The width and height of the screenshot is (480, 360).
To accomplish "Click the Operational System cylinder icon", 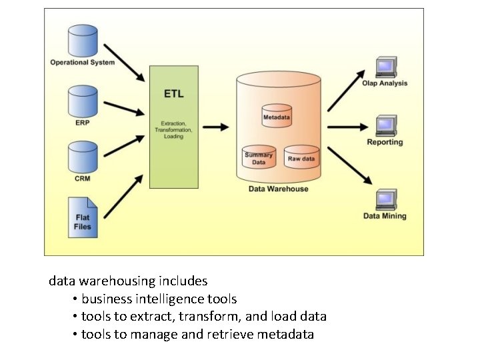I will pos(83,40).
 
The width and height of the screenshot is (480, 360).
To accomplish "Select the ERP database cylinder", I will pos(83,101).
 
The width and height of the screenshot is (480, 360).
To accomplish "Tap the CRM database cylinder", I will pos(83,157).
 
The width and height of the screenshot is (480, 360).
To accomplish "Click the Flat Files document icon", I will pos(83,217).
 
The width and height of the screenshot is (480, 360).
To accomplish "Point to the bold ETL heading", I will pos(173,94).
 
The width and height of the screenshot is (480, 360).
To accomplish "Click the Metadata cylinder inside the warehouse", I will pos(276,115).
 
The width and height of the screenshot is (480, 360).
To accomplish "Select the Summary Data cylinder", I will pos(259,157).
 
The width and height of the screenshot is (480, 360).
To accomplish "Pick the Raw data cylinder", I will pos(301,157).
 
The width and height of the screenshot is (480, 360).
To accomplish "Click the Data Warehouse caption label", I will pos(278,189).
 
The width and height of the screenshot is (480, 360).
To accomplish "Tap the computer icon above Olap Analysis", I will pos(385,67).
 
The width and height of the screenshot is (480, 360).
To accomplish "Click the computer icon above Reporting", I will pos(385,125).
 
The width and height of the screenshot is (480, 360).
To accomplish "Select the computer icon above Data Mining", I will pos(385,200).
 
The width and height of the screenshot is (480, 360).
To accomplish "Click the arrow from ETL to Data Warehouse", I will pos(216,127).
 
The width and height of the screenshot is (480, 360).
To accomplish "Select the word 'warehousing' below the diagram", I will pos(115,281).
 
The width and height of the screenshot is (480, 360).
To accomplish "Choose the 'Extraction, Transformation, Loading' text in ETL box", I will pos(173,130).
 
